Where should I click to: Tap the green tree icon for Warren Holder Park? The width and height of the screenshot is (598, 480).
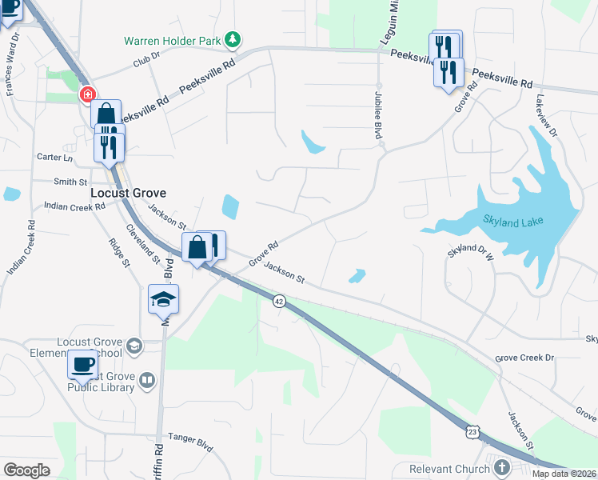[x=233, y=38]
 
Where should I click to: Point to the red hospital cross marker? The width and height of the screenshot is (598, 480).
[x=86, y=95]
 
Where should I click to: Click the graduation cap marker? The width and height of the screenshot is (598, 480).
[x=163, y=300]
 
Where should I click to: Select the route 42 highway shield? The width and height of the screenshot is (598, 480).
[x=278, y=301]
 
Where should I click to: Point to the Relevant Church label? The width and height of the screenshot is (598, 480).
[x=447, y=469]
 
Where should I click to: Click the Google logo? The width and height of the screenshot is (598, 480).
[x=26, y=470]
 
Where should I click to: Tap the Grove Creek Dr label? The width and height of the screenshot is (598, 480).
[x=524, y=358]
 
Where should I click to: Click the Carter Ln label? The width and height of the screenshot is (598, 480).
[x=54, y=157]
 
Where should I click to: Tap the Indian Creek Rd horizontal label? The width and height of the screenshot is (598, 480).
[x=74, y=206]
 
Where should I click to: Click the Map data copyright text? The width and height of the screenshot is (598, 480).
[x=564, y=474]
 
